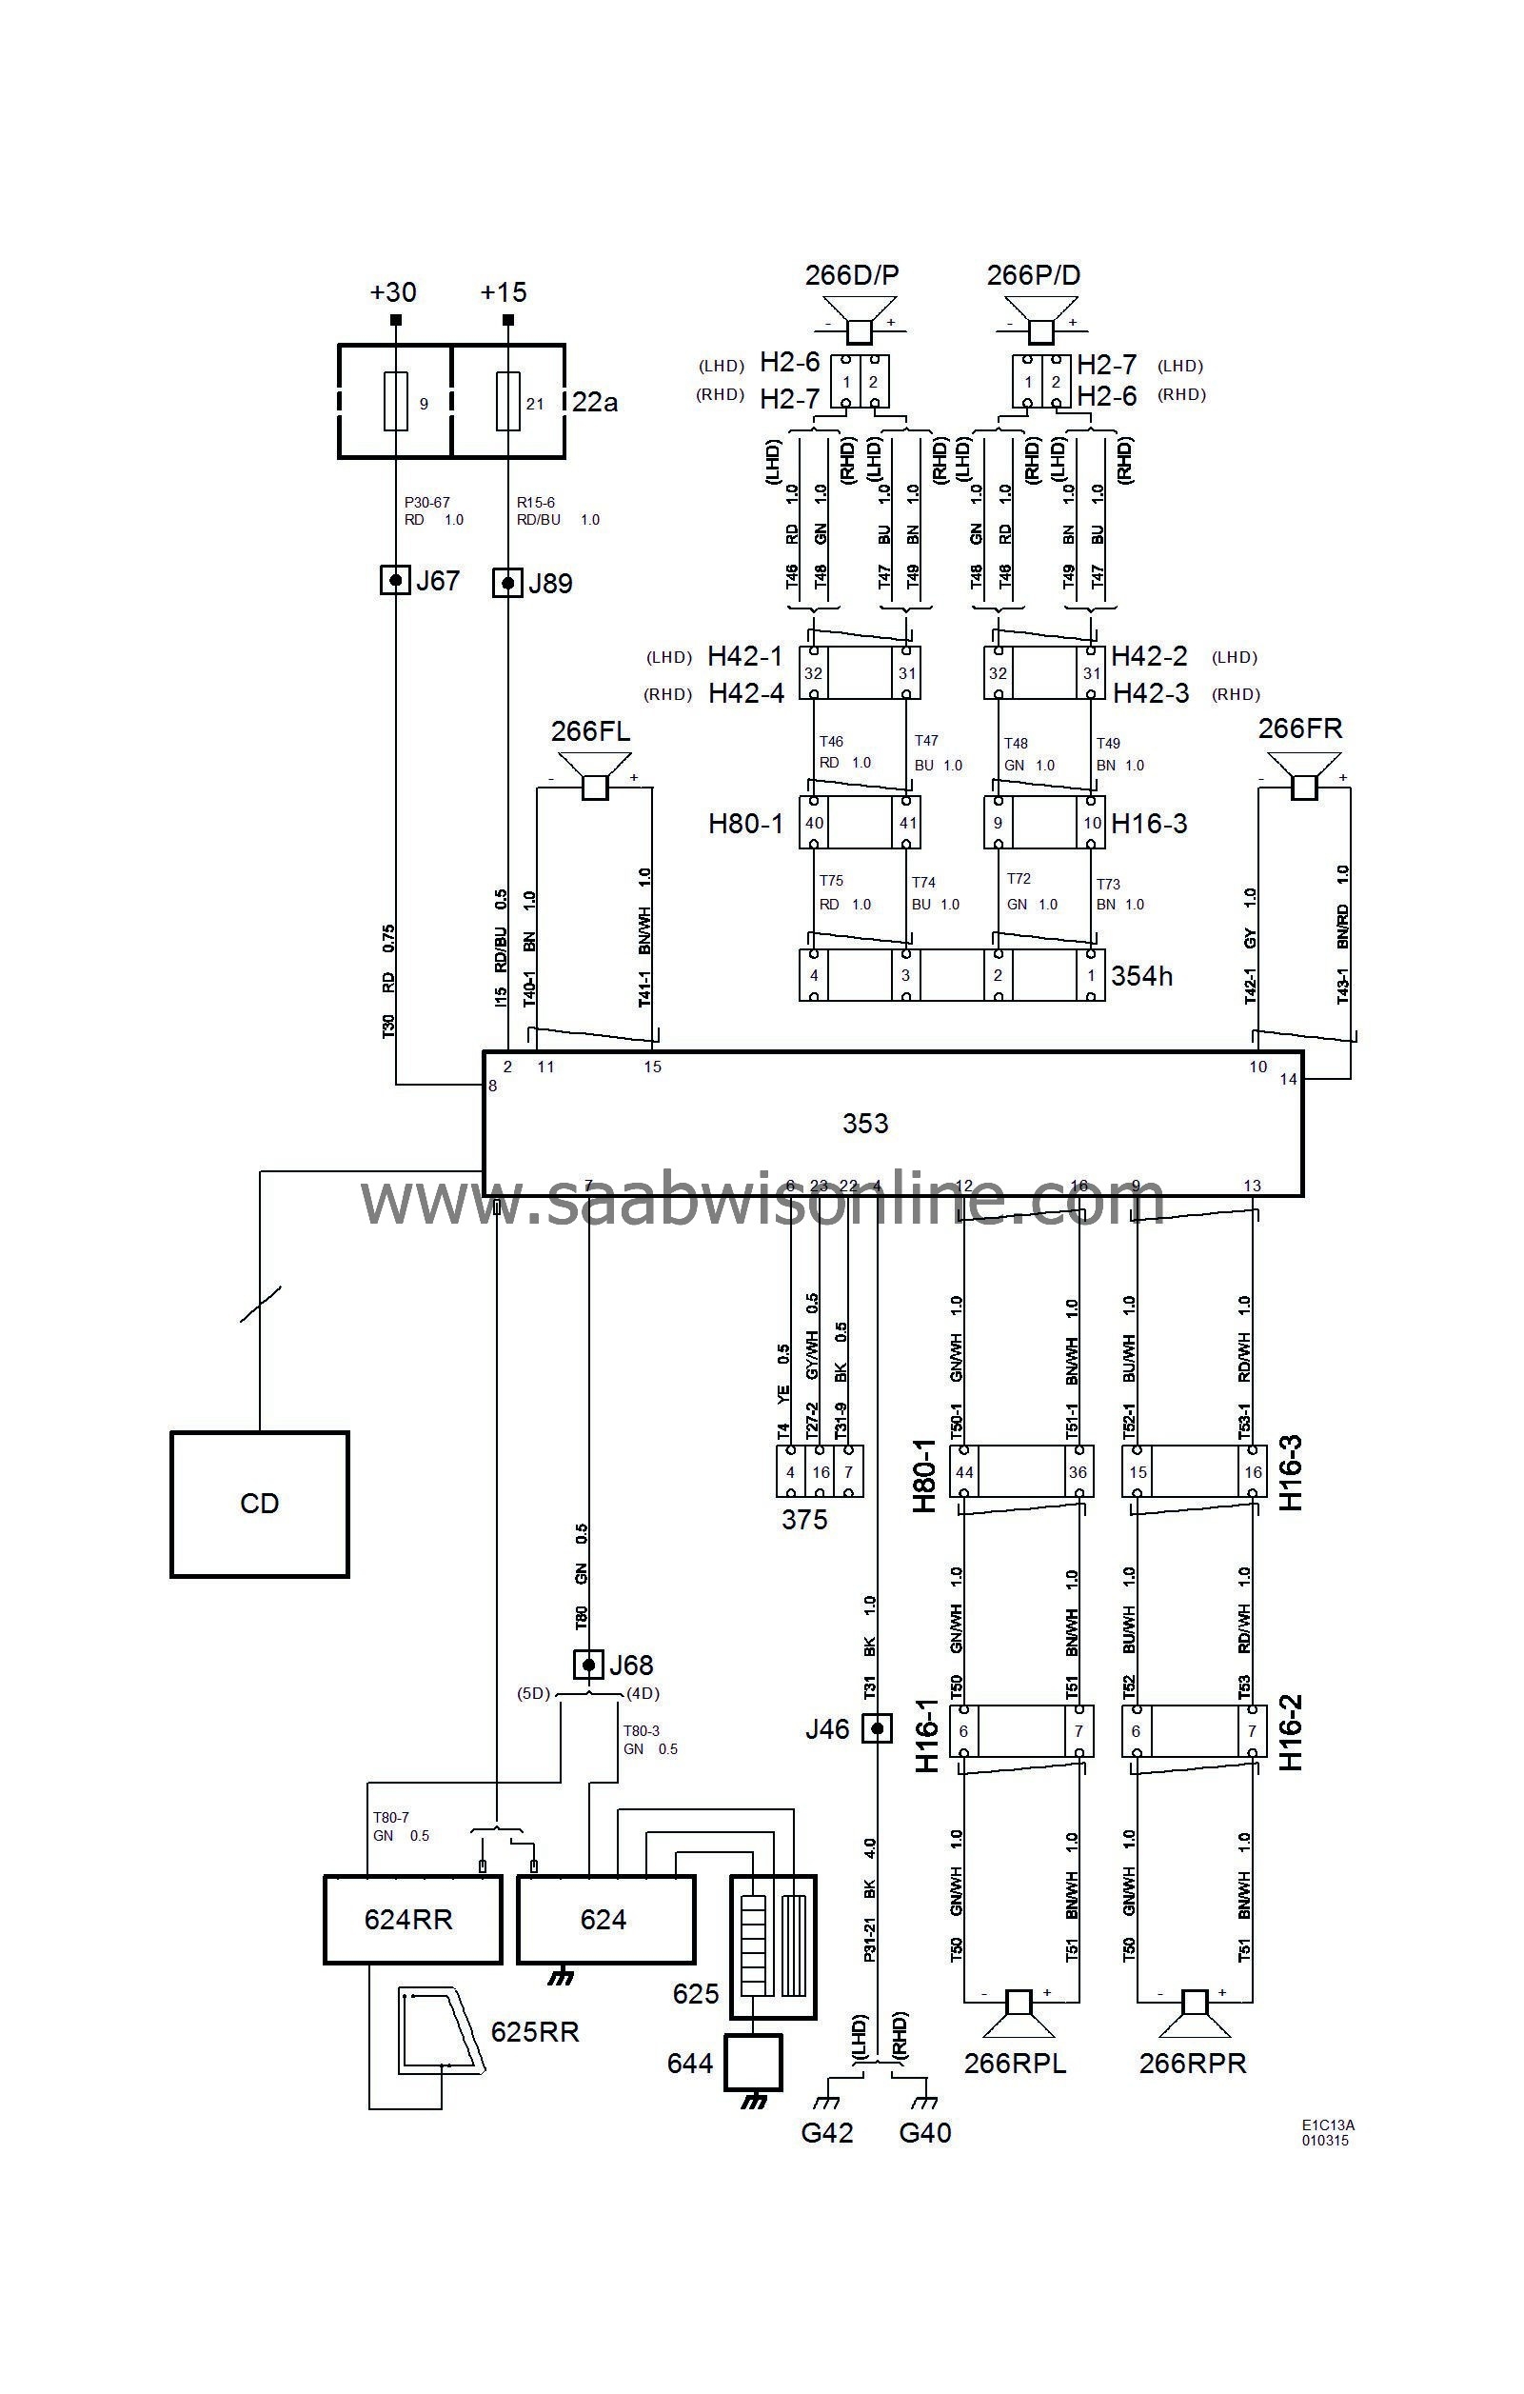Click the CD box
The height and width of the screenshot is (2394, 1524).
click(x=260, y=1504)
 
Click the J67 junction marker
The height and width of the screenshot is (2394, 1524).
click(x=396, y=580)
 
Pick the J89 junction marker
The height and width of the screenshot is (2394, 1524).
click(x=508, y=583)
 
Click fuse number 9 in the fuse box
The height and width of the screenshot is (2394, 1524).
click(x=396, y=402)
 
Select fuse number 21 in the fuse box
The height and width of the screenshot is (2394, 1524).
click(x=508, y=402)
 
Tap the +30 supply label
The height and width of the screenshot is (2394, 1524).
click(x=393, y=292)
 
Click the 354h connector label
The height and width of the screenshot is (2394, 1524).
click(x=1141, y=976)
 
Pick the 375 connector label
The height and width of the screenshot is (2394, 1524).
click(x=803, y=1519)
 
